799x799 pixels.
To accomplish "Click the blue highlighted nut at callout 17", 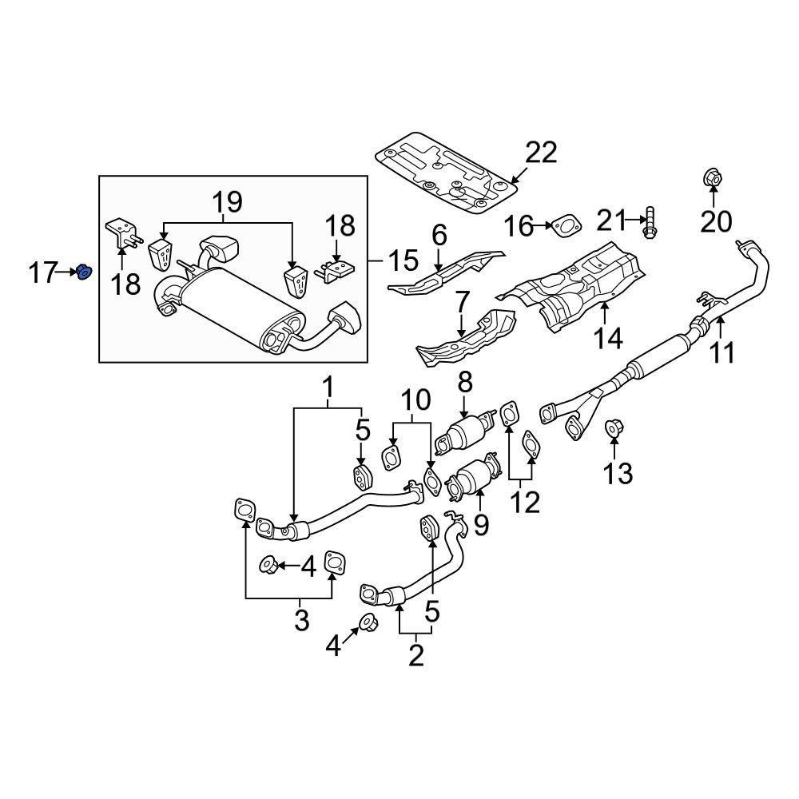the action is point(84,272).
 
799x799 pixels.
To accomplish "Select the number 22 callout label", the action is point(541,153).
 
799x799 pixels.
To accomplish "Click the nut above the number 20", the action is point(713,178).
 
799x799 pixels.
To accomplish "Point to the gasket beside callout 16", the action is point(566,227).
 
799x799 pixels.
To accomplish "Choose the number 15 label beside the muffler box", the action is point(403,260).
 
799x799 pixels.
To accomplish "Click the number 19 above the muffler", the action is point(227,202).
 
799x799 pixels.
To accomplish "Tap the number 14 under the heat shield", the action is point(608,338).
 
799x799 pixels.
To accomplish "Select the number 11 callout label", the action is point(722,352).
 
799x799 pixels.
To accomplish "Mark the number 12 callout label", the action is point(525,503).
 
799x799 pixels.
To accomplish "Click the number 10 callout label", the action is point(415,400).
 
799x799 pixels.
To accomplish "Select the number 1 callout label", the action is point(328,388).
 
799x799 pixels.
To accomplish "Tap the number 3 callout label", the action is point(302,620).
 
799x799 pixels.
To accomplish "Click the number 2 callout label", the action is point(416,655).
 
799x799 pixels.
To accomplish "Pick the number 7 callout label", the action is point(461,303).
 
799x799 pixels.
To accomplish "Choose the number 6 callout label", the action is point(439,236).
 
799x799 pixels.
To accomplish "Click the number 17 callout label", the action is point(42,272).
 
